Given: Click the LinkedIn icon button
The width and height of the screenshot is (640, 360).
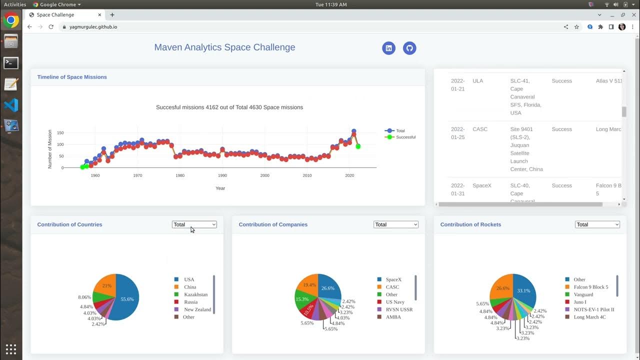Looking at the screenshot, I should [389, 48].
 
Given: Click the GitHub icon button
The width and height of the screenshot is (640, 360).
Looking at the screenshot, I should [409, 48].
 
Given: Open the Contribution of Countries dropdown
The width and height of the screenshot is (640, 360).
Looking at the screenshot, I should [194, 224].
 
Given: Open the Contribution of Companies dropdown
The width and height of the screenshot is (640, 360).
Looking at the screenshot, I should [395, 224].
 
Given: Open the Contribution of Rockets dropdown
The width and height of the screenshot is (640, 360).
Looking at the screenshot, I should [597, 224].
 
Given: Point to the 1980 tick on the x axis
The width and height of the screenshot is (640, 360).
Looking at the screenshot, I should [180, 175].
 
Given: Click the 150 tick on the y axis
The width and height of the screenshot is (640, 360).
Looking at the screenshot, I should [60, 133].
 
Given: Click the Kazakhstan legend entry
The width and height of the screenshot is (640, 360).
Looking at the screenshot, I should [195, 294].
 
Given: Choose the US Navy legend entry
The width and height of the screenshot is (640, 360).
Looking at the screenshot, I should [395, 302].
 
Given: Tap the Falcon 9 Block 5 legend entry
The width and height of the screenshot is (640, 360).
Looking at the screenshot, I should [590, 287].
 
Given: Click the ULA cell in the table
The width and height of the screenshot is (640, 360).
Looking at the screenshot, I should [478, 81].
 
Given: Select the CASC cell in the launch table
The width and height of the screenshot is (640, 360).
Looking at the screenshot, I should [480, 129].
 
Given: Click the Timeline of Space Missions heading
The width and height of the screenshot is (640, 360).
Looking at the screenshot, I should [72, 77].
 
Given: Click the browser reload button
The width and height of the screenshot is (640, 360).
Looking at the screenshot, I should [51, 27].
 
